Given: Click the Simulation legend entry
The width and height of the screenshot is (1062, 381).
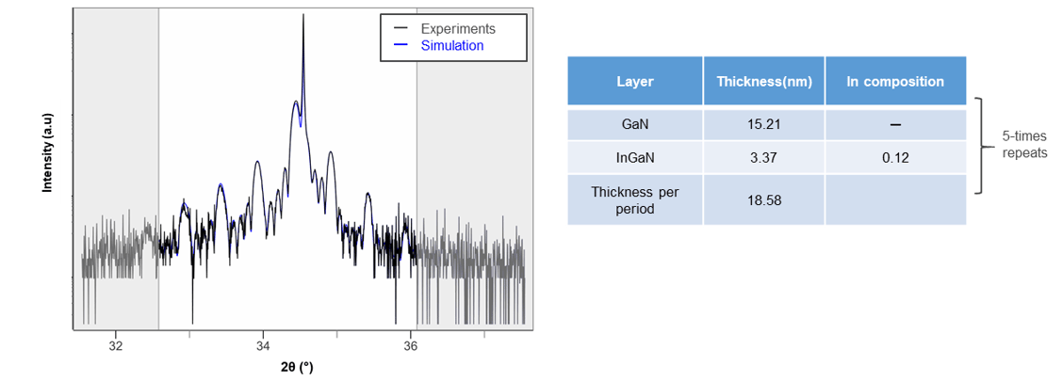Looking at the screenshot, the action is pyautogui.click(x=438, y=46).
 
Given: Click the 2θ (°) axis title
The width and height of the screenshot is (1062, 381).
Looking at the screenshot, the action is pyautogui.click(x=298, y=368).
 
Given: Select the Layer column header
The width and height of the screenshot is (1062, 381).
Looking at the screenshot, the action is pyautogui.click(x=634, y=82).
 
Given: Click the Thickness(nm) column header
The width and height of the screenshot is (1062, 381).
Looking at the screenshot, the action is pyautogui.click(x=764, y=82).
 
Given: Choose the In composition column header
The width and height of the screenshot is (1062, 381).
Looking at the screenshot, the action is pyautogui.click(x=894, y=82).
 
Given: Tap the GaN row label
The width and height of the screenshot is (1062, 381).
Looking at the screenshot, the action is pyautogui.click(x=634, y=125).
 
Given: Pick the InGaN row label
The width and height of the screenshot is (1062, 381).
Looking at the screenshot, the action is pyautogui.click(x=634, y=158).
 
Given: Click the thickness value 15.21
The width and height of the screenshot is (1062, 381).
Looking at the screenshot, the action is pyautogui.click(x=764, y=125).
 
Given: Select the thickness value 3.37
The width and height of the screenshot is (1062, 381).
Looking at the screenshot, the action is pyautogui.click(x=764, y=158).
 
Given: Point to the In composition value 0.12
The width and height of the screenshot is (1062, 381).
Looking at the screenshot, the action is pyautogui.click(x=894, y=158).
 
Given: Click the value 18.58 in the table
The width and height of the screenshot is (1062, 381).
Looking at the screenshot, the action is pyautogui.click(x=764, y=200).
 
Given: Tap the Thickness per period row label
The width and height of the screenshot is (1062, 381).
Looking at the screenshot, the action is pyautogui.click(x=634, y=200).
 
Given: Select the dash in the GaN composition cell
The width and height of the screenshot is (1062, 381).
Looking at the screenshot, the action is pyautogui.click(x=894, y=125).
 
